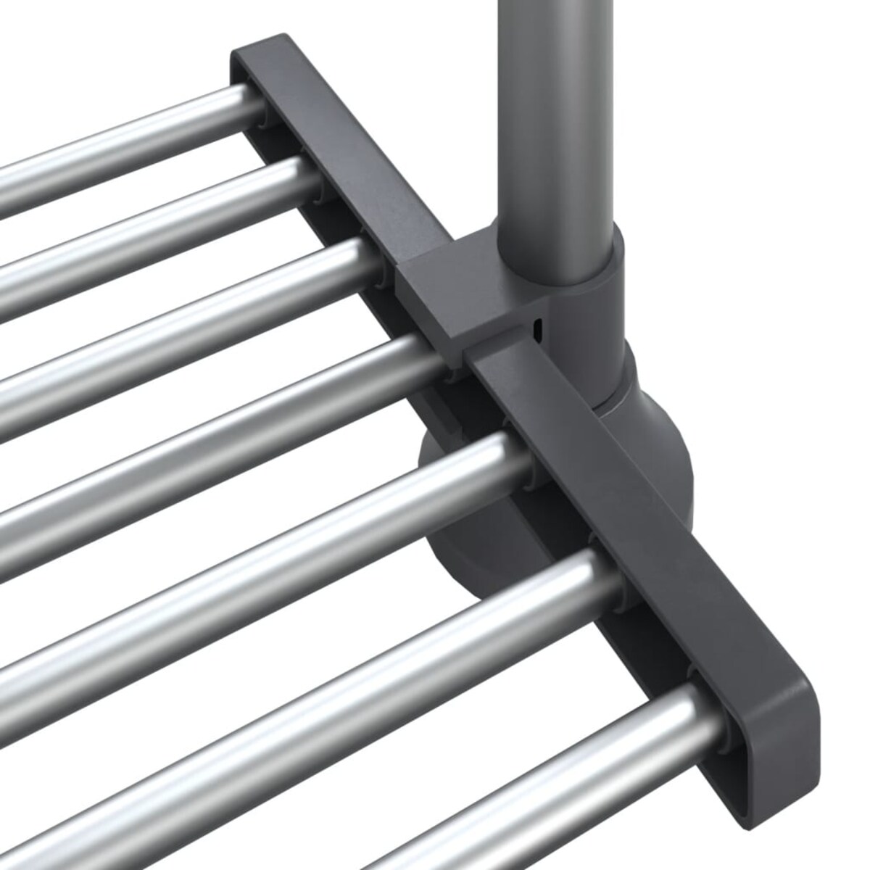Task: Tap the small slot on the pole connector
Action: (x=537, y=328)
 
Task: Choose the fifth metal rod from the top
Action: (x=254, y=522)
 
